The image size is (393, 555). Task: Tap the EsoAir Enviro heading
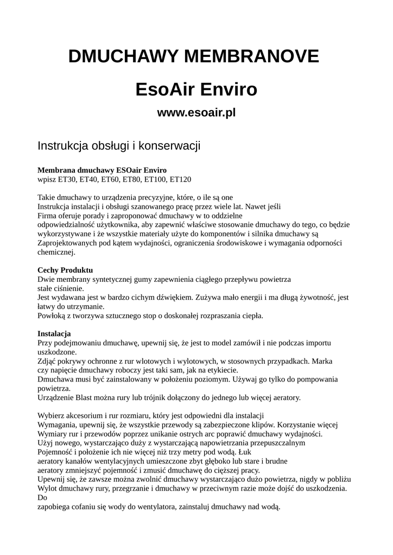(196, 89)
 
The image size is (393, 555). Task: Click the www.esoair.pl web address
(196, 113)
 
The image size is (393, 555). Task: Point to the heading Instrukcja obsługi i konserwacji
(119, 146)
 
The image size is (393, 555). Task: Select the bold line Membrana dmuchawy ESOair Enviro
(102, 170)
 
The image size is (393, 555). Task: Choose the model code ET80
(132, 179)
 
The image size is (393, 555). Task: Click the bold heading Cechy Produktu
(65, 269)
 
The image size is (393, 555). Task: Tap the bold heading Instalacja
(54, 333)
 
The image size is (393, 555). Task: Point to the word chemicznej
(56, 252)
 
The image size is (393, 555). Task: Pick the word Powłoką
(52, 315)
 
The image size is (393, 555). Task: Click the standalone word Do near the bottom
(42, 498)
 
